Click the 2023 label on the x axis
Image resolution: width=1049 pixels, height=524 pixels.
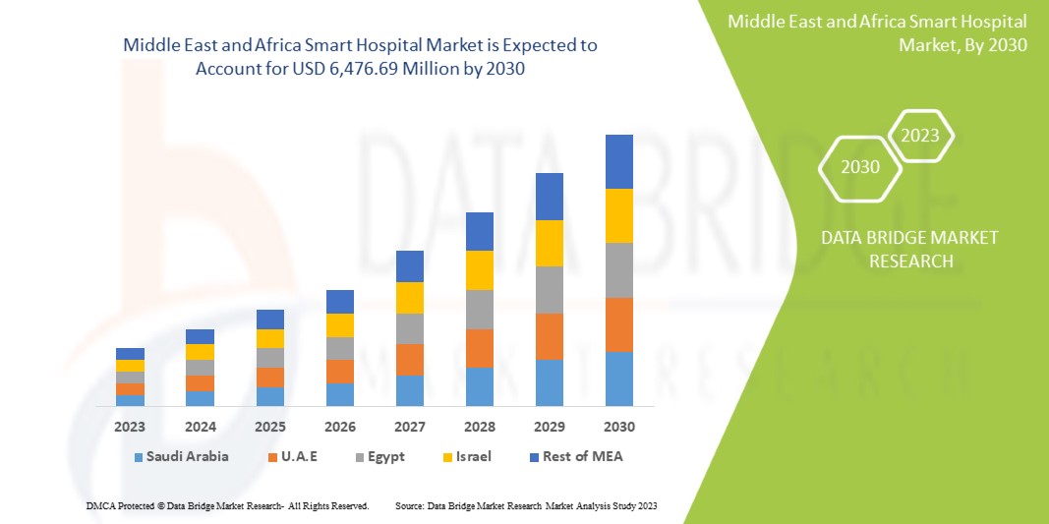(x=130, y=427)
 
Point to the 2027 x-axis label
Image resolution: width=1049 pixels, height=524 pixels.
(x=410, y=427)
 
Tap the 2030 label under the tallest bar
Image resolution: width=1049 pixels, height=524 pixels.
(x=619, y=427)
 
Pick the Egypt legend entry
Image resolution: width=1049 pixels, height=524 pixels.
(x=385, y=456)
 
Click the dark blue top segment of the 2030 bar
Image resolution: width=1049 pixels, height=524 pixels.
(x=619, y=161)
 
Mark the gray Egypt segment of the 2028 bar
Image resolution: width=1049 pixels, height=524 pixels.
(x=480, y=309)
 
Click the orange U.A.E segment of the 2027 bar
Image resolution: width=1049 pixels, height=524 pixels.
(x=410, y=360)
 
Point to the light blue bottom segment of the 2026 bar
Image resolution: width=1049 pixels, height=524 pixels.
(x=340, y=394)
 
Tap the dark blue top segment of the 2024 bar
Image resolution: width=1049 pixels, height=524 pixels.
(x=201, y=336)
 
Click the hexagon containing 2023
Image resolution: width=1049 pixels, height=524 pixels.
(x=920, y=136)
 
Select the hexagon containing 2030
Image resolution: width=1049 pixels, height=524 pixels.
(x=860, y=167)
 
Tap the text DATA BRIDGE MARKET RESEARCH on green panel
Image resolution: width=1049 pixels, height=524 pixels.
(x=896, y=249)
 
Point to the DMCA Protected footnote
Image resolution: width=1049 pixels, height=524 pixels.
(x=228, y=505)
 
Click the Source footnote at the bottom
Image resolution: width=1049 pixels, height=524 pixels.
(x=525, y=505)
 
